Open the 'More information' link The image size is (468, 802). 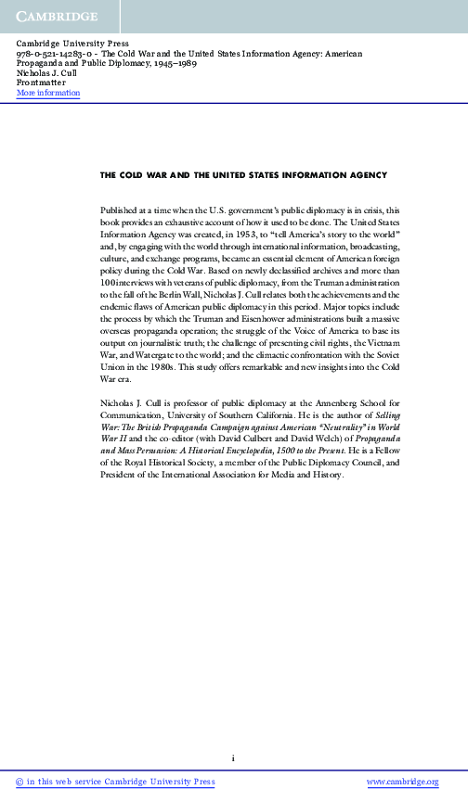(48, 94)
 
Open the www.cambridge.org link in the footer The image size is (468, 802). (402, 782)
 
